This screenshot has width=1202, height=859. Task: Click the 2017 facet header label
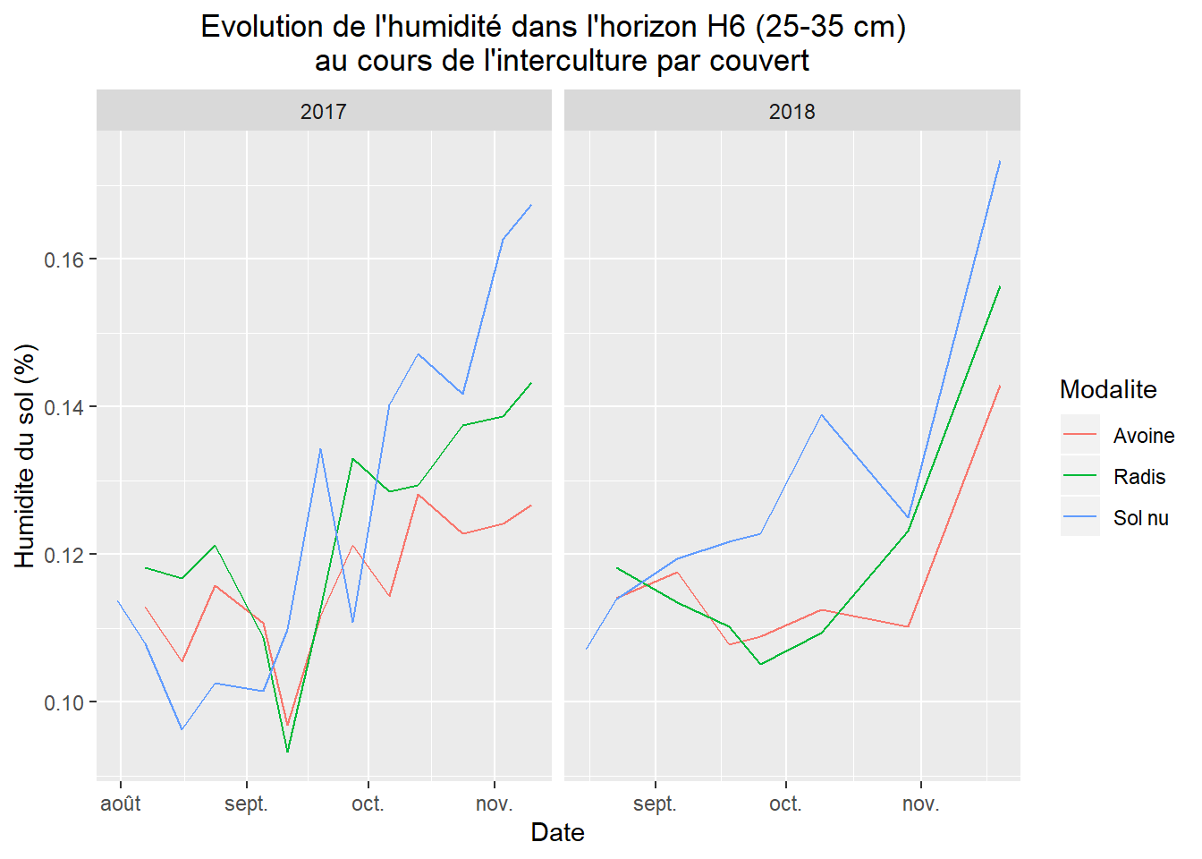[x=323, y=112]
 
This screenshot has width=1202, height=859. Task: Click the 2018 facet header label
[x=791, y=112]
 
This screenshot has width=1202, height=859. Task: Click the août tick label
[x=121, y=804]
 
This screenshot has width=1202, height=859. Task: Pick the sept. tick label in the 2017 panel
[x=246, y=804]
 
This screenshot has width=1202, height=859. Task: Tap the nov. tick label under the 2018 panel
[x=920, y=804]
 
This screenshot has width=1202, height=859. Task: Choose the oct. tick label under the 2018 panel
[x=785, y=804]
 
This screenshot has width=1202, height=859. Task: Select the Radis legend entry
[x=1139, y=477]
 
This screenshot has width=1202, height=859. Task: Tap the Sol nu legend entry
[x=1140, y=518]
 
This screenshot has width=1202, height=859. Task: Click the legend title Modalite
[x=1107, y=389]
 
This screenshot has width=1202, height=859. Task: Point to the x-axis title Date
[x=557, y=832]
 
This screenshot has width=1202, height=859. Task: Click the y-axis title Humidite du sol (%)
[x=25, y=455]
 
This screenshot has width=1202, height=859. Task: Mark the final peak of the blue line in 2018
[x=999, y=161]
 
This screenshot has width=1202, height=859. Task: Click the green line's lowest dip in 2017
[x=287, y=752]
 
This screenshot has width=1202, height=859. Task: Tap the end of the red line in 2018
[x=999, y=386]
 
